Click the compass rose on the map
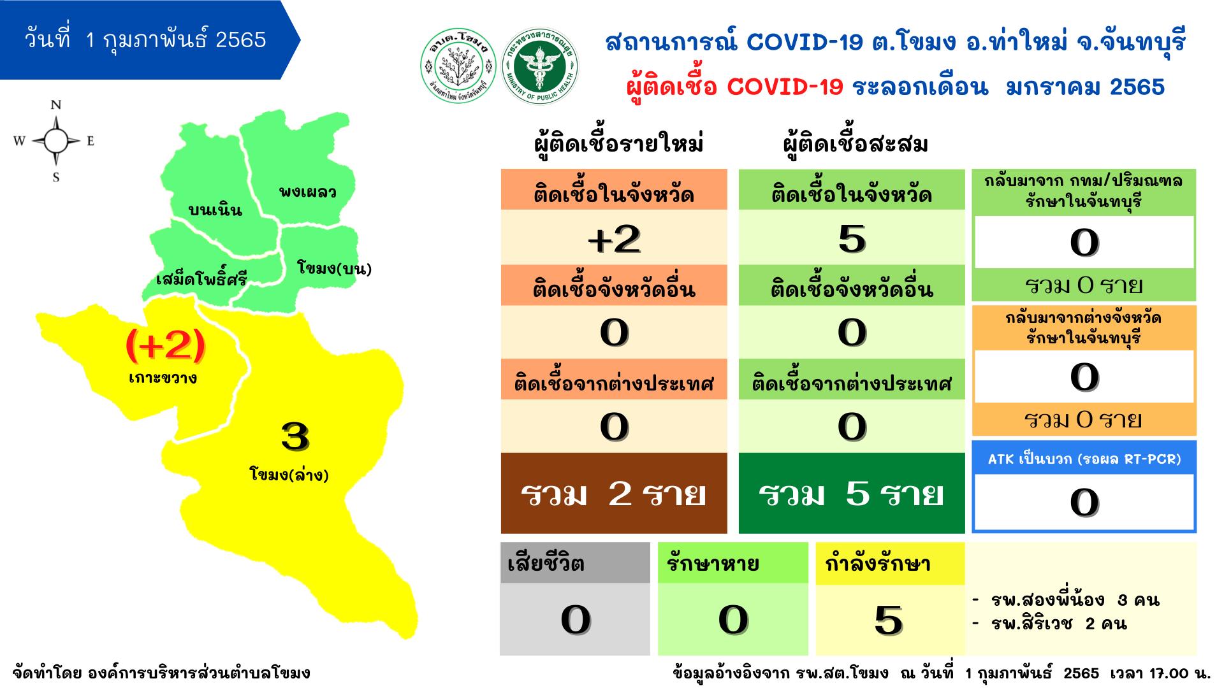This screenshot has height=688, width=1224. pyautogui.click(x=55, y=141)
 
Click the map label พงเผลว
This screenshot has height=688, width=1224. pyautogui.click(x=307, y=191)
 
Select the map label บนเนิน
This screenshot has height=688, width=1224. pyautogui.click(x=215, y=210)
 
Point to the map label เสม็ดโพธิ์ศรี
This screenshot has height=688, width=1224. pyautogui.click(x=201, y=279)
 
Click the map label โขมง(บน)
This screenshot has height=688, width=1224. pyautogui.click(x=334, y=268)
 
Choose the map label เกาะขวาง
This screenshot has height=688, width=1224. pyautogui.click(x=163, y=378)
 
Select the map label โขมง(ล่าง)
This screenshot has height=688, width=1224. pyautogui.click(x=289, y=475)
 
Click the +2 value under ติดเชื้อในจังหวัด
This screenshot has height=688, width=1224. pyautogui.click(x=614, y=238)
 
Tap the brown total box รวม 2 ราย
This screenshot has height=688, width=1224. pyautogui.click(x=614, y=493)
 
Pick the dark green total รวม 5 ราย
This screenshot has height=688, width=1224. pyautogui.click(x=852, y=493)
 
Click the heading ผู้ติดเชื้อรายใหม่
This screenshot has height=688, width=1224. pyautogui.click(x=618, y=145)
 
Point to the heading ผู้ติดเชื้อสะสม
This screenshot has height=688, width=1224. pyautogui.click(x=855, y=145)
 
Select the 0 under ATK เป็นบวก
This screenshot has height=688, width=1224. pyautogui.click(x=1084, y=503)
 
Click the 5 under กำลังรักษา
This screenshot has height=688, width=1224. pyautogui.click(x=889, y=620)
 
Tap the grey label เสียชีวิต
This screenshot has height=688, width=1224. pyautogui.click(x=546, y=564)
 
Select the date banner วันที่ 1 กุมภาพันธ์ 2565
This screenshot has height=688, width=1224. pyautogui.click(x=145, y=40)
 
